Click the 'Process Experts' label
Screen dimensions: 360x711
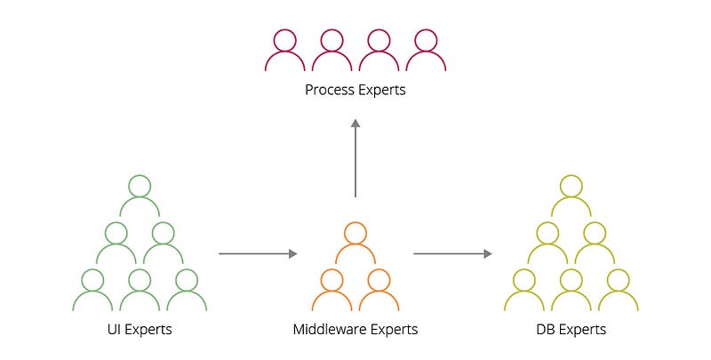tap(355, 90)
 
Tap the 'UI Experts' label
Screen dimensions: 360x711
tap(140, 330)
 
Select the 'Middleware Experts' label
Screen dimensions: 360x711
tap(355, 330)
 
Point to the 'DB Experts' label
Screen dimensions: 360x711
tap(571, 330)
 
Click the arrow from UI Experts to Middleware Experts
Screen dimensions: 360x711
tap(258, 254)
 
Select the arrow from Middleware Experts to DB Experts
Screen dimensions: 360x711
tap(452, 254)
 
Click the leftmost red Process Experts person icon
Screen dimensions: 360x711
tap(285, 52)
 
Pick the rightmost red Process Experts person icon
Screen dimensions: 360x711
tap(426, 52)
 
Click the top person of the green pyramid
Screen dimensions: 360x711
tap(140, 196)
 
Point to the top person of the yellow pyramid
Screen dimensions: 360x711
tap(571, 196)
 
